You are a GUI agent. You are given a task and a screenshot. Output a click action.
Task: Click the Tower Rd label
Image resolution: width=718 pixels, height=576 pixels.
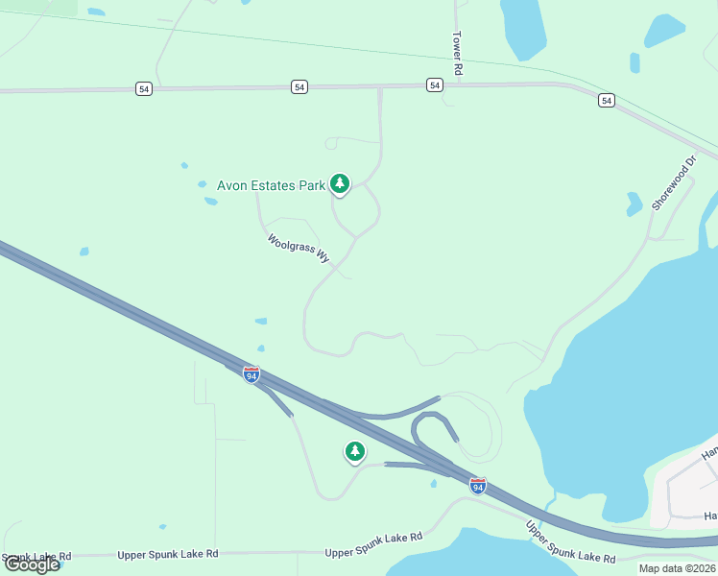pyautogui.click(x=458, y=52)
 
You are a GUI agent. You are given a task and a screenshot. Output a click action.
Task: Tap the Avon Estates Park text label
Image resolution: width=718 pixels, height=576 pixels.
pyautogui.click(x=272, y=185)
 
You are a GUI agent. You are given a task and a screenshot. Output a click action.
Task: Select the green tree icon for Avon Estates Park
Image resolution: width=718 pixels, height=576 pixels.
pyautogui.click(x=339, y=182)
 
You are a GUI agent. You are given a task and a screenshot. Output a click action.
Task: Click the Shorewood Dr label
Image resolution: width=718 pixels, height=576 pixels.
pyautogui.click(x=673, y=183)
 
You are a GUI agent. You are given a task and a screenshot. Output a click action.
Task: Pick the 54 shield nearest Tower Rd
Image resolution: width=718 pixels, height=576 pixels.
pyautogui.click(x=436, y=85)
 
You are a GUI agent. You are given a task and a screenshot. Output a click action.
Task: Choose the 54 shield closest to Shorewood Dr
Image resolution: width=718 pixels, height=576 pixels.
pyautogui.click(x=606, y=100)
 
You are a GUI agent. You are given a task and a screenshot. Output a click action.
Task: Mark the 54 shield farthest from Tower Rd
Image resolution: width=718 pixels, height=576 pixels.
pyautogui.click(x=143, y=88)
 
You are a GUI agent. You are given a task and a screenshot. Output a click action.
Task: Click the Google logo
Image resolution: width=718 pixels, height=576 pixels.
pyautogui.click(x=32, y=564)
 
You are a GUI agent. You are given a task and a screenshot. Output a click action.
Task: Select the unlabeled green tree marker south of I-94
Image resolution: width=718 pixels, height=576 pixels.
pyautogui.click(x=355, y=450)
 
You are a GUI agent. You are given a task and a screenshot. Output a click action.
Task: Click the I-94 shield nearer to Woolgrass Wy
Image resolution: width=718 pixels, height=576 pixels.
pyautogui.click(x=251, y=375)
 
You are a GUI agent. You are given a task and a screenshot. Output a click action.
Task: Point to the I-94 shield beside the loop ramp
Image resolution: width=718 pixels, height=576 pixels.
pyautogui.click(x=477, y=485)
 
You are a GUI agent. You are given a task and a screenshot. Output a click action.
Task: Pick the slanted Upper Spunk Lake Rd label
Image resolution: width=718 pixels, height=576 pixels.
pyautogui.click(x=570, y=542)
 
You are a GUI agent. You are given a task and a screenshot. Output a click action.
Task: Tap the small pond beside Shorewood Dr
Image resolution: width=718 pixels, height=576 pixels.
pyautogui.click(x=634, y=204)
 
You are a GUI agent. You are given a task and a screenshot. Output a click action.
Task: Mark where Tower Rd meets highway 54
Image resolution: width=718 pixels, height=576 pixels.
pyautogui.click(x=457, y=84)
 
